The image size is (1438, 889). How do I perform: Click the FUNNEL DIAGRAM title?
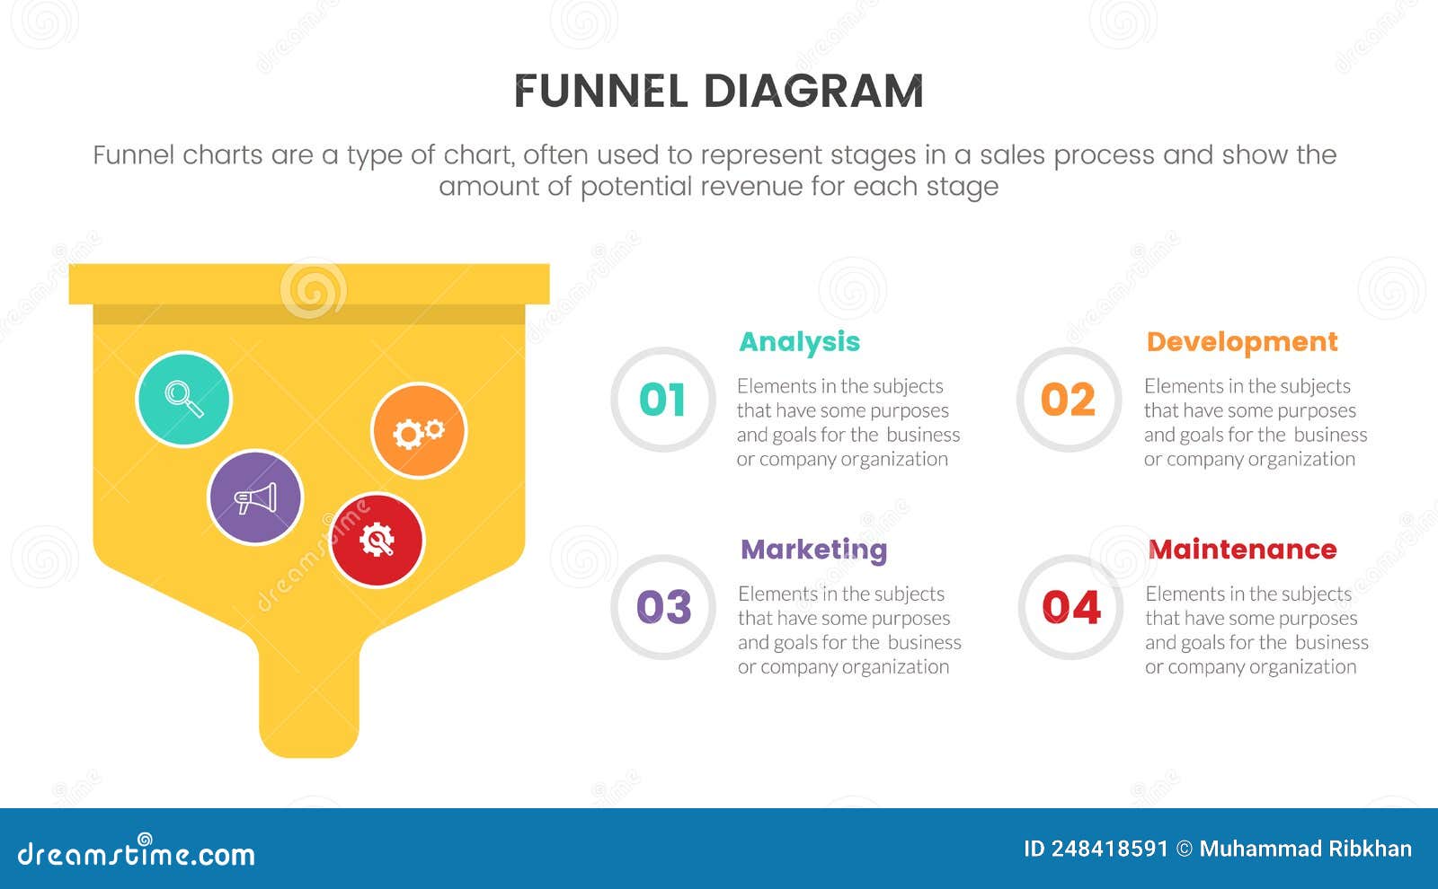click(x=718, y=92)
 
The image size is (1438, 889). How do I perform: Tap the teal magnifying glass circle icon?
click(x=183, y=399)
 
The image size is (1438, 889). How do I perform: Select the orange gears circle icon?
click(x=419, y=431)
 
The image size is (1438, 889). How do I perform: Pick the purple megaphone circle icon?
click(x=255, y=497)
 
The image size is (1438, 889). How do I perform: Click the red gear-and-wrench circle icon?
click(x=377, y=540)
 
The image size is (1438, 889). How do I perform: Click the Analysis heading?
click(x=799, y=342)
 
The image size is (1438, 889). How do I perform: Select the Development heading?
click(x=1241, y=342)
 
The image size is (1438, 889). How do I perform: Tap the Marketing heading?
click(x=813, y=550)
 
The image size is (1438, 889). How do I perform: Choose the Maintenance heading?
click(x=1242, y=550)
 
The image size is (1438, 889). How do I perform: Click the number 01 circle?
click(x=662, y=400)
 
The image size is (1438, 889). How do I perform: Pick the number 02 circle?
click(x=1069, y=400)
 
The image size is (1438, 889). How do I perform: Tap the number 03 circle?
click(x=663, y=607)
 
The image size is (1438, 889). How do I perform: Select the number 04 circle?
click(x=1070, y=607)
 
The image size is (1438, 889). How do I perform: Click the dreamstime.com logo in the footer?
click(x=137, y=853)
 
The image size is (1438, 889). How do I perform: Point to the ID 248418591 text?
click(x=1096, y=849)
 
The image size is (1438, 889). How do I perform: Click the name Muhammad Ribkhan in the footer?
click(x=1305, y=849)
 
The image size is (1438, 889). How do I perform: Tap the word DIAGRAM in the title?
click(x=813, y=92)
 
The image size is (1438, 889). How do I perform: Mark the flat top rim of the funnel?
click(x=309, y=284)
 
